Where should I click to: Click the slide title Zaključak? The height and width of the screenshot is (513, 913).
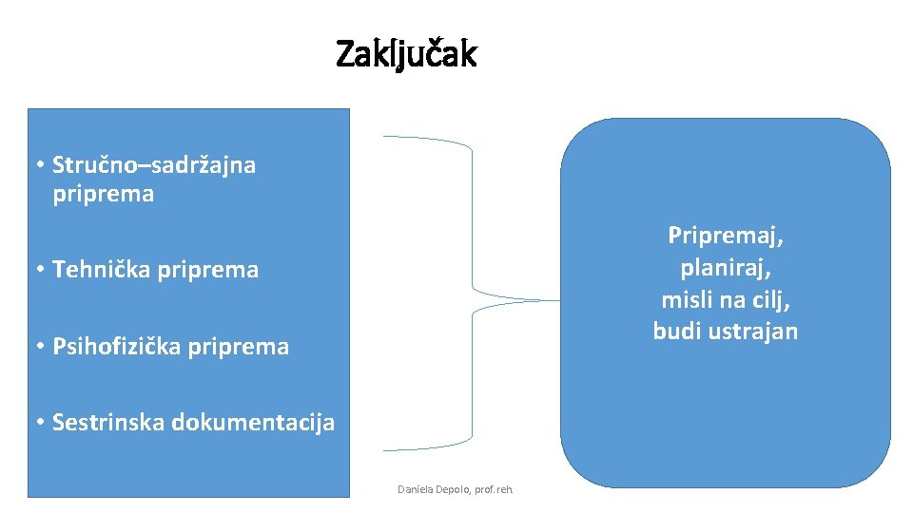tap(406, 55)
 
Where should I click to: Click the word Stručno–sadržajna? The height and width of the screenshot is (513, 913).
tap(154, 165)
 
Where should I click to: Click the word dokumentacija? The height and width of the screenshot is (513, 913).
tap(253, 422)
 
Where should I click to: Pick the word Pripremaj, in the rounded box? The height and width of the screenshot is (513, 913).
tap(725, 235)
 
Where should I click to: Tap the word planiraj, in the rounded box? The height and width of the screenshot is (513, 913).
tap(725, 267)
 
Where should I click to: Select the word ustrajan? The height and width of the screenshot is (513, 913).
tap(750, 331)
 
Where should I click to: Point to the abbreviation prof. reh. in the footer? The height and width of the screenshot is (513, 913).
tap(496, 489)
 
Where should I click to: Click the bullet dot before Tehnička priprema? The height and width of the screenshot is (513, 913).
tap(41, 270)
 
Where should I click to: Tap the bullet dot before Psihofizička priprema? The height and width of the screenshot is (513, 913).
tap(41, 347)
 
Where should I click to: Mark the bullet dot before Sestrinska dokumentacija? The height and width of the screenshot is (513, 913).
tap(41, 422)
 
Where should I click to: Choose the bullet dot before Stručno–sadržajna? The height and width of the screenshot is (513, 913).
tap(41, 165)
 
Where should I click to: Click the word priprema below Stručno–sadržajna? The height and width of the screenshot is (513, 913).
tap(104, 195)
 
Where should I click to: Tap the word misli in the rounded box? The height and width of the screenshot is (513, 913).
tap(683, 299)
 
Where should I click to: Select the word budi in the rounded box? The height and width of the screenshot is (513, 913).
tap(675, 331)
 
